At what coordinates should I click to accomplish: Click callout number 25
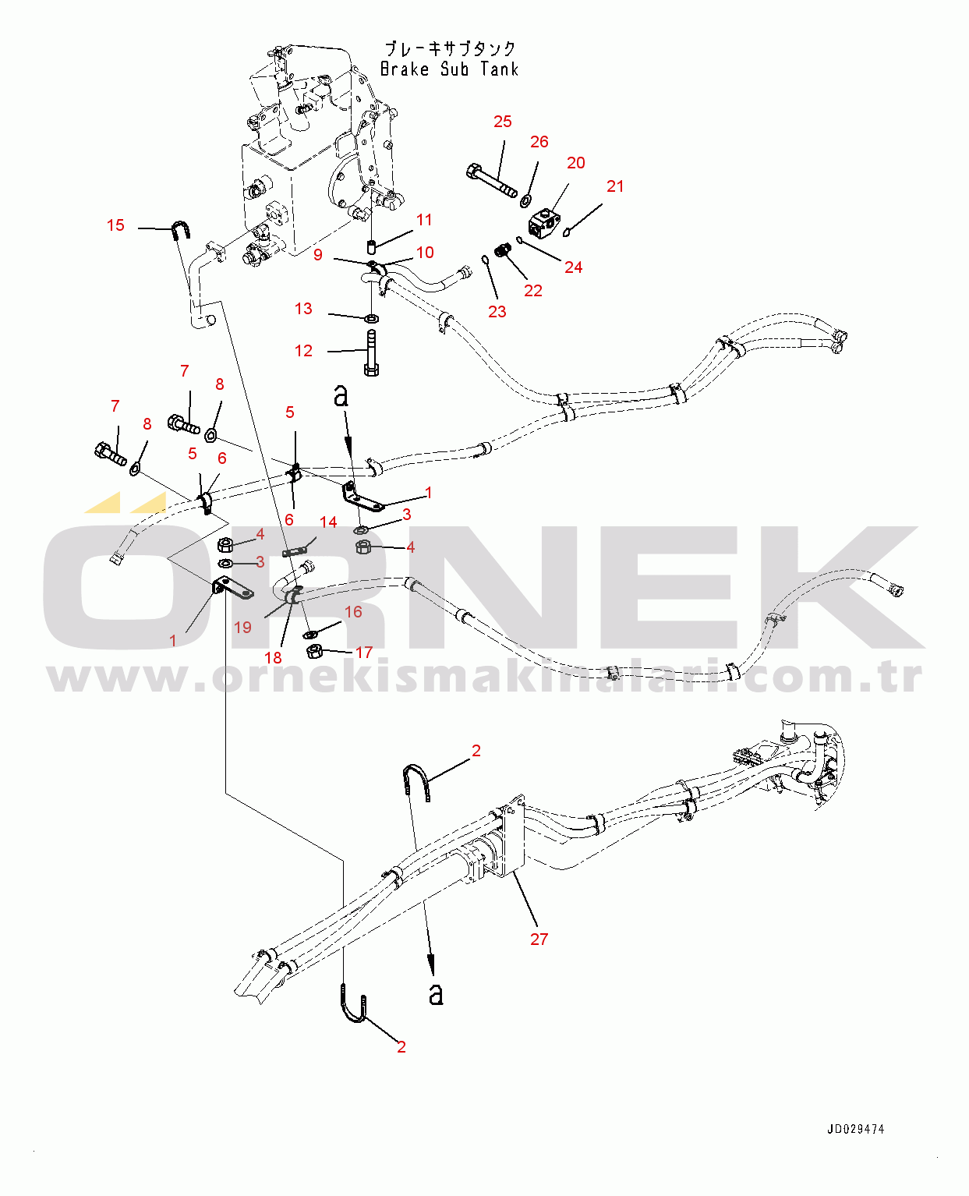(x=503, y=122)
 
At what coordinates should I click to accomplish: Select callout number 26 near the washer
(x=539, y=141)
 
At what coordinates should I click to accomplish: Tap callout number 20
(x=576, y=163)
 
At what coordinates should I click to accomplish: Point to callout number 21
(x=615, y=186)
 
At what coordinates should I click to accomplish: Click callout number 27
(x=539, y=939)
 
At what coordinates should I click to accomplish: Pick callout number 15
(x=115, y=225)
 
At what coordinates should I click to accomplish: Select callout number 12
(x=303, y=351)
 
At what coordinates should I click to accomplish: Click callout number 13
(x=303, y=309)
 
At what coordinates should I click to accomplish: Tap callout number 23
(x=497, y=312)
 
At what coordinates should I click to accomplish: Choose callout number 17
(x=364, y=653)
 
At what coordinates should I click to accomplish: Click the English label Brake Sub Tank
(x=449, y=69)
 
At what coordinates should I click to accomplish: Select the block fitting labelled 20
(x=544, y=221)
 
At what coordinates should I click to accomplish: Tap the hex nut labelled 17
(x=315, y=651)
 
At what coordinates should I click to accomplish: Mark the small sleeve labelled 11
(x=370, y=246)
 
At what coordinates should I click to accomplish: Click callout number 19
(x=242, y=627)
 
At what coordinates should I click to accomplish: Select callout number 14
(x=328, y=522)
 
